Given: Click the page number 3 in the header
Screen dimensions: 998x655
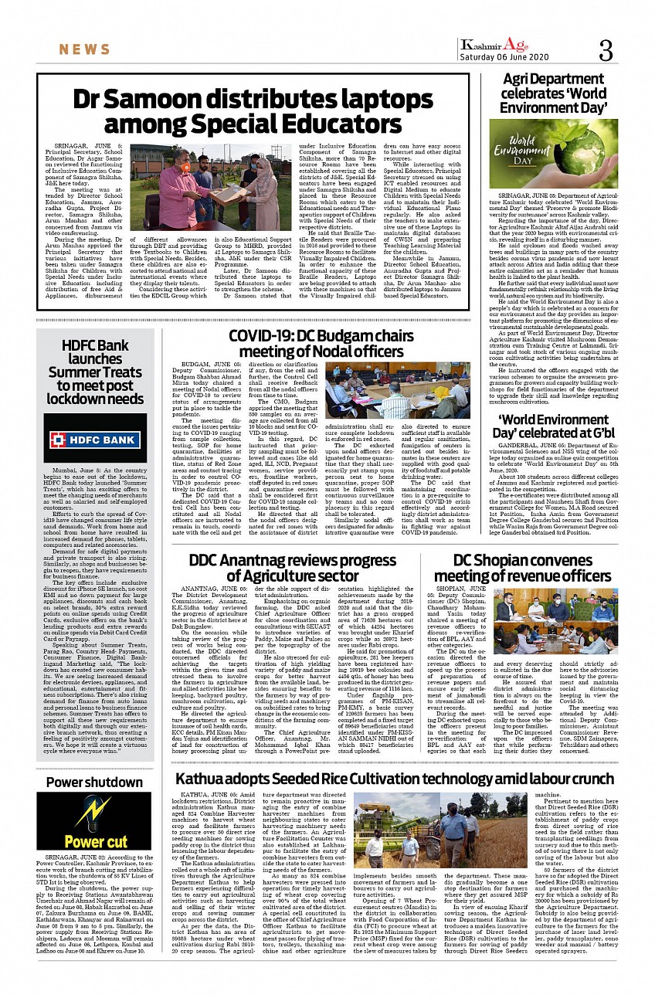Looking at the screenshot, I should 605,51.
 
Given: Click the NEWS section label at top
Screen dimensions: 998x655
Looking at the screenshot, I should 84,50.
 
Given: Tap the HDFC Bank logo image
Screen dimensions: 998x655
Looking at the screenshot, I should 95,440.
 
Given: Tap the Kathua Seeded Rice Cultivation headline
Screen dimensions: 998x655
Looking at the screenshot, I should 394,779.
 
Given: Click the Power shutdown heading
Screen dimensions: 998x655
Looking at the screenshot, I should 94,782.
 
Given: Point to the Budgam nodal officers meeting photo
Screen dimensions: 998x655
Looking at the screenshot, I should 397,390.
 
